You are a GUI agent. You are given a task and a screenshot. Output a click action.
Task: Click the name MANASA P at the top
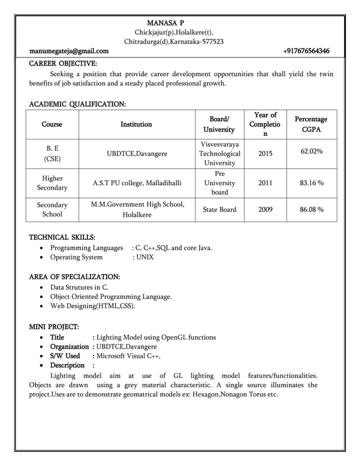pyautogui.click(x=165, y=23)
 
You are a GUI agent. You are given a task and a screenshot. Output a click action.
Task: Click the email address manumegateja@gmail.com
pyautogui.click(x=69, y=52)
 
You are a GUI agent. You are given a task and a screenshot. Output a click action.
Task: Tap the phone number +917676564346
pyautogui.click(x=306, y=52)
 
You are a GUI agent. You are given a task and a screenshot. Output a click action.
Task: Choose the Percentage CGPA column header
pyautogui.click(x=311, y=125)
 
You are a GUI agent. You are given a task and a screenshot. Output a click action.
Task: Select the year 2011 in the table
pyautogui.click(x=265, y=182)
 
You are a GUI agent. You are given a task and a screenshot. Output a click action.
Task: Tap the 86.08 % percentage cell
pyautogui.click(x=311, y=210)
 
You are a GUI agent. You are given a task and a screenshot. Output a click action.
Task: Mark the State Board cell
pyautogui.click(x=219, y=210)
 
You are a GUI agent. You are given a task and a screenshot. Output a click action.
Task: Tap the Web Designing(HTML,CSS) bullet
pyautogui.click(x=93, y=306)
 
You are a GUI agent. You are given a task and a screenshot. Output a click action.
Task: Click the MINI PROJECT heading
pyautogui.click(x=54, y=327)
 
